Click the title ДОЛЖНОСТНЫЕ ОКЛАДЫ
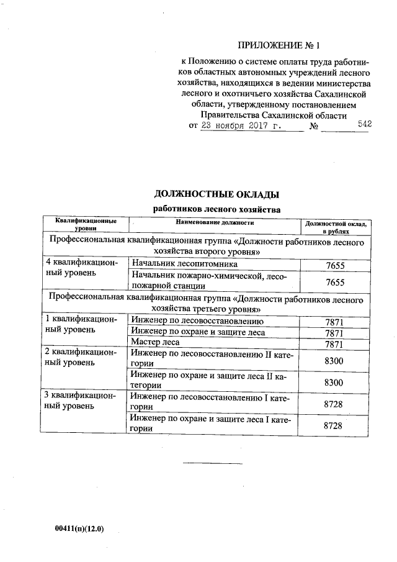216,196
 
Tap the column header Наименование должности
215,222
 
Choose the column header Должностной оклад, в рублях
335,226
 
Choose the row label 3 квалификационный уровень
83,400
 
